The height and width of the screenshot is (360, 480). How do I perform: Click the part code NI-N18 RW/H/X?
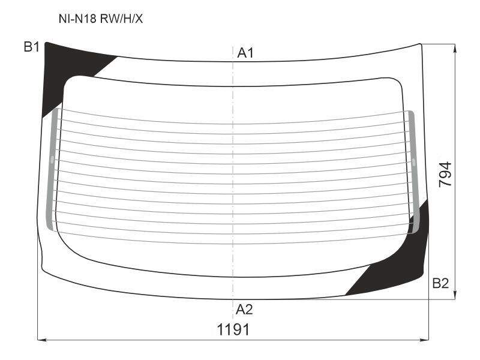[x=101, y=19]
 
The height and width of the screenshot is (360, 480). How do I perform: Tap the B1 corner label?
[x=32, y=47]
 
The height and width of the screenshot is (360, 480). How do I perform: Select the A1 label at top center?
[x=245, y=53]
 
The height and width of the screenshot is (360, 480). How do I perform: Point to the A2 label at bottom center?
[x=244, y=310]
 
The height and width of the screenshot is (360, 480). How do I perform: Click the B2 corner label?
[x=440, y=283]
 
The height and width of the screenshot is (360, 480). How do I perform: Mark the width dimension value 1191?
[x=233, y=329]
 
